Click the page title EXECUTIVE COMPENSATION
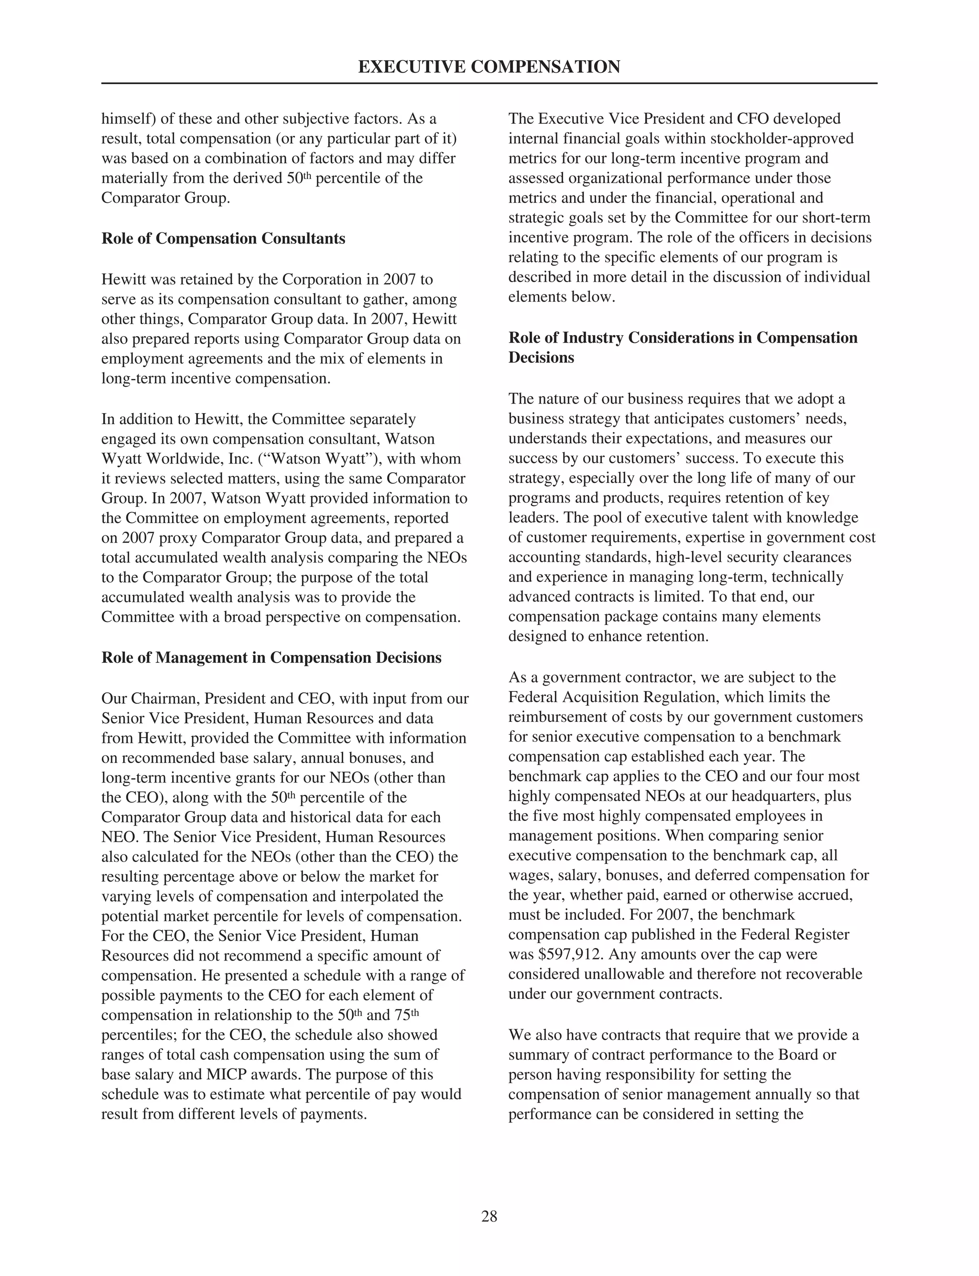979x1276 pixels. [489, 67]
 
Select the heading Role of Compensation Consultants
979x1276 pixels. [223, 239]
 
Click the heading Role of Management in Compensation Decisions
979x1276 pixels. [271, 658]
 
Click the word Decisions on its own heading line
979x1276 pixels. [541, 358]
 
